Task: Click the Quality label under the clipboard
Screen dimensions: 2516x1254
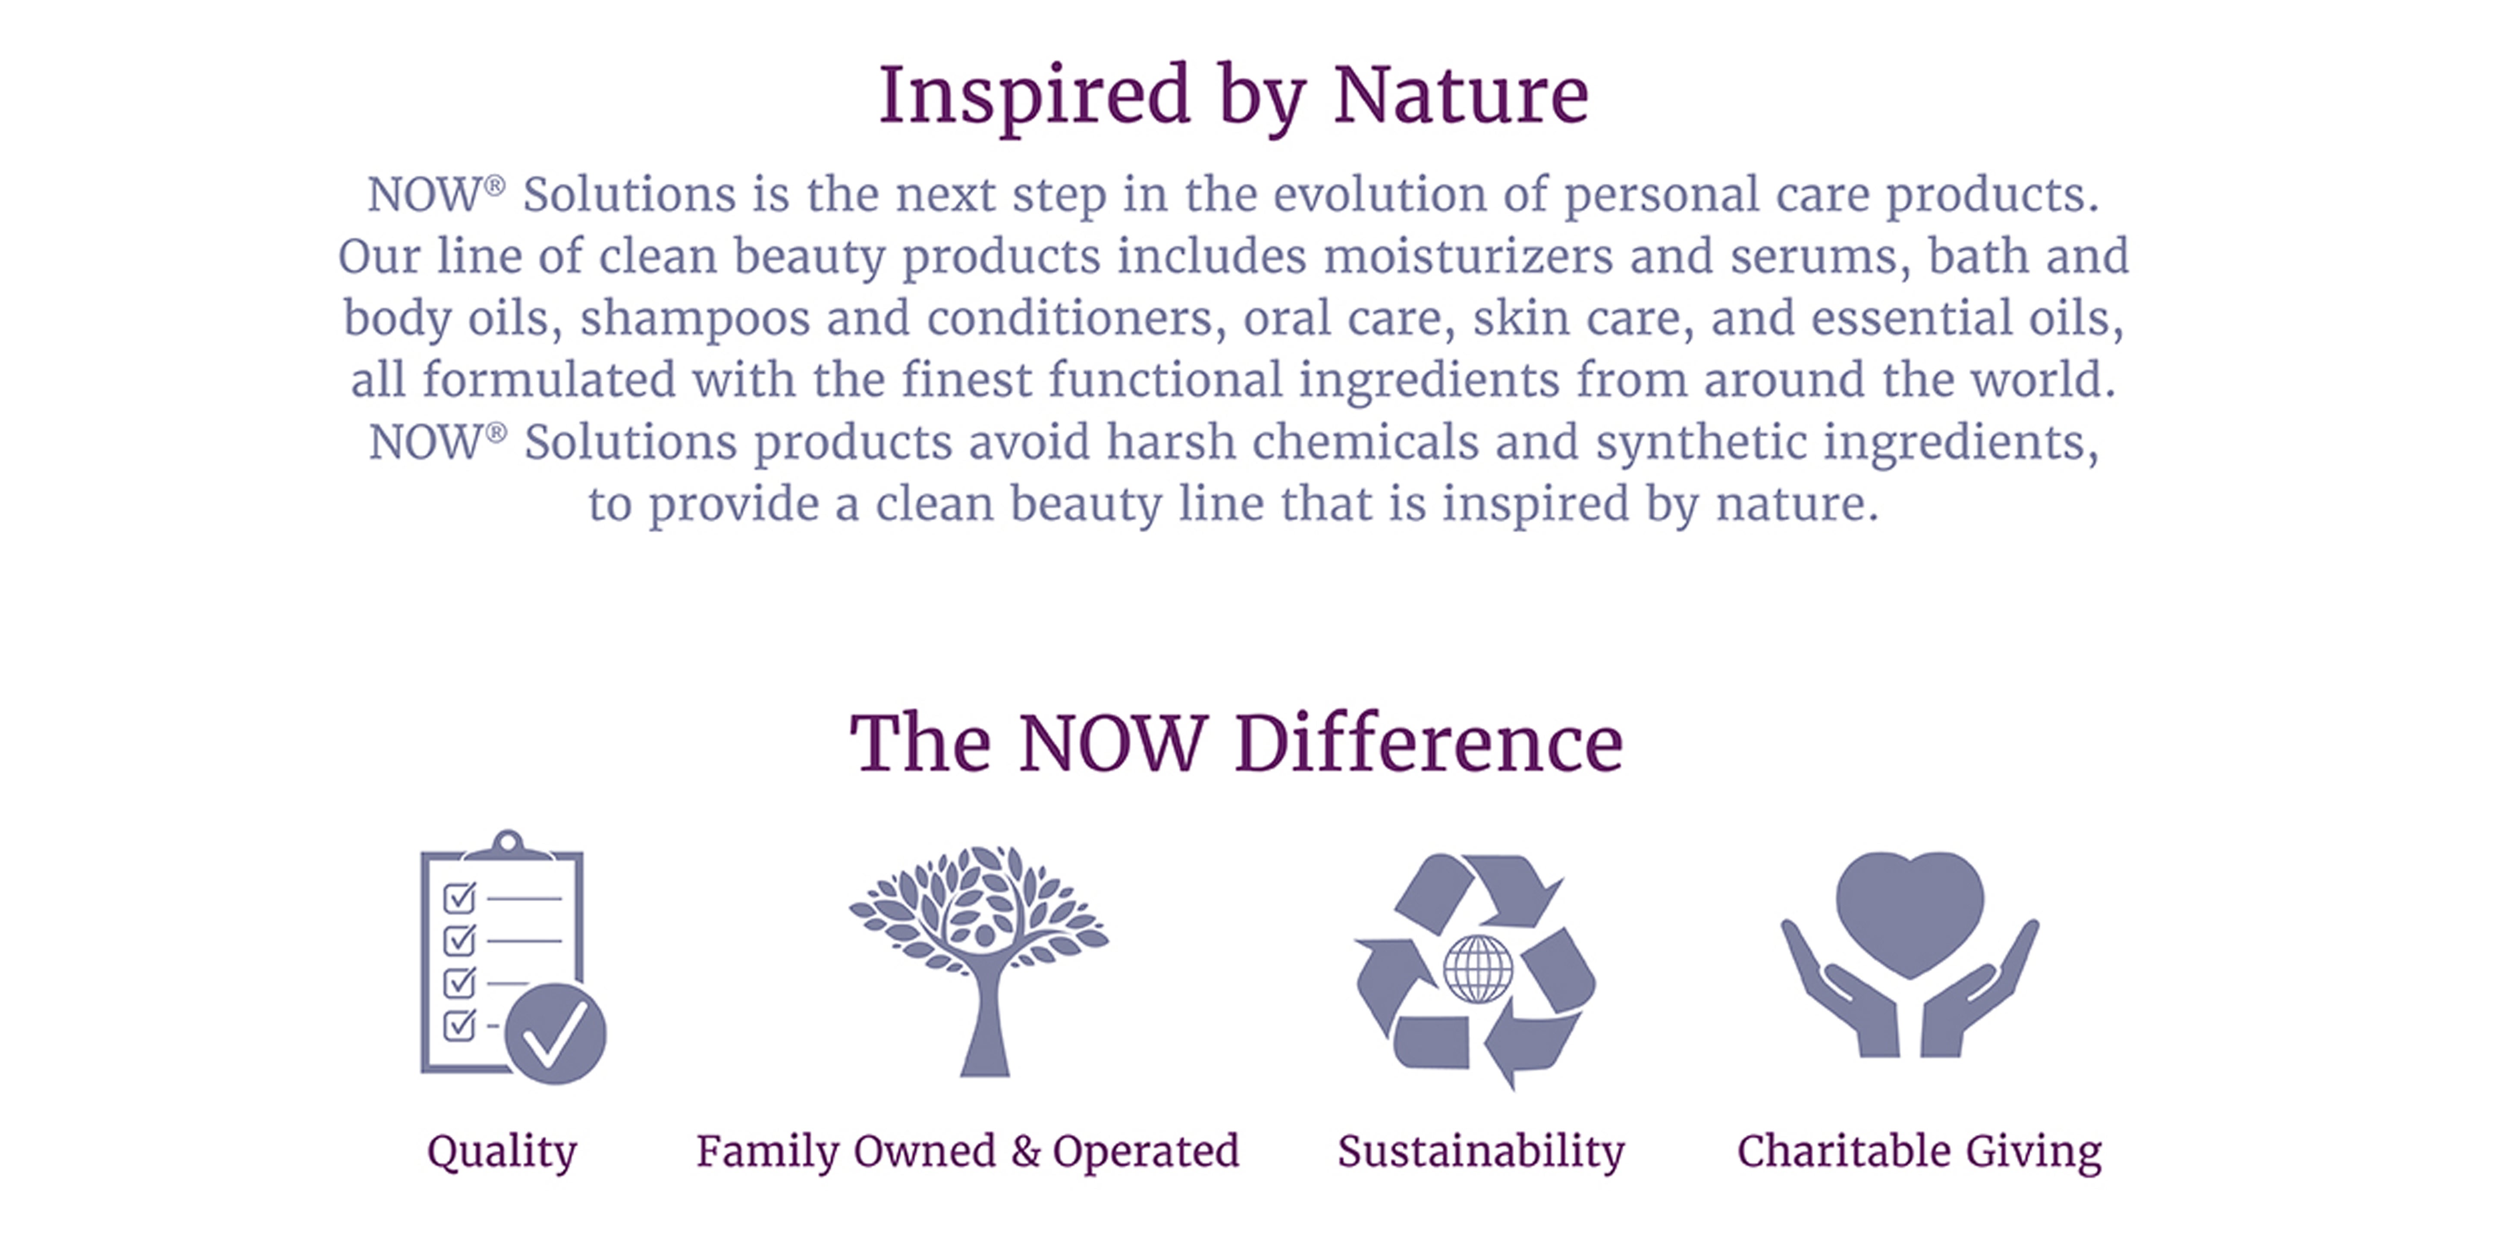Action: click(x=502, y=1152)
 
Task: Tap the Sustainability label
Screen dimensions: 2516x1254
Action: click(x=1481, y=1152)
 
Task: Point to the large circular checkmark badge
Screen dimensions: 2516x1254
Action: click(x=555, y=1033)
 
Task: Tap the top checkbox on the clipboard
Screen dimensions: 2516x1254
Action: click(x=459, y=897)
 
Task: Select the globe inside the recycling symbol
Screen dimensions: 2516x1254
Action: click(x=1478, y=969)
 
